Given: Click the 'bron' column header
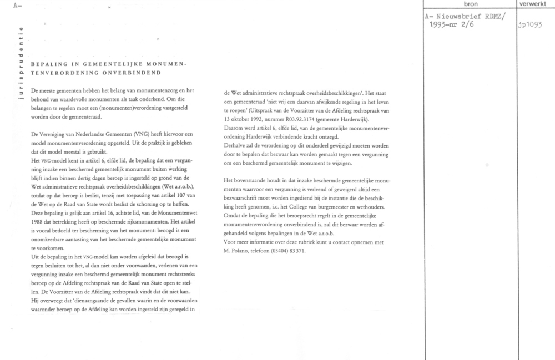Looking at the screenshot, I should pos(470,4).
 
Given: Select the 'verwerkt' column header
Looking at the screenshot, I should pos(536,4).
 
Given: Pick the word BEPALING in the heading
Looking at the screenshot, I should pos(48,64).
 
